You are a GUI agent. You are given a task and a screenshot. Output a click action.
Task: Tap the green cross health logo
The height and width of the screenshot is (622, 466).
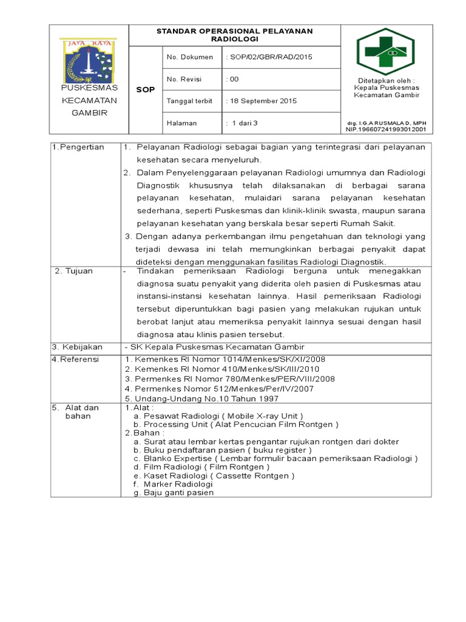click(385, 52)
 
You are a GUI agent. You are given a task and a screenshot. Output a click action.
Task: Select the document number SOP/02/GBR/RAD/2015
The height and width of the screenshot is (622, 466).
click(269, 57)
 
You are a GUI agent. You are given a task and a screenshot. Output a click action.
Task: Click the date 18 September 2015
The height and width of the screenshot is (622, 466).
click(261, 101)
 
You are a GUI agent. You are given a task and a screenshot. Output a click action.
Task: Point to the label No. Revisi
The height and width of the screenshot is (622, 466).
click(184, 79)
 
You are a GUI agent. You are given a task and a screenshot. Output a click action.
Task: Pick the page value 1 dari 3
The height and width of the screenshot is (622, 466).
click(242, 123)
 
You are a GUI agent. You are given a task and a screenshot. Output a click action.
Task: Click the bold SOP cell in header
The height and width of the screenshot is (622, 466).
click(145, 90)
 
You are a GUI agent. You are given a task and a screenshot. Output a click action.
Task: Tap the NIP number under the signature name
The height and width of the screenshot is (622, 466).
click(385, 129)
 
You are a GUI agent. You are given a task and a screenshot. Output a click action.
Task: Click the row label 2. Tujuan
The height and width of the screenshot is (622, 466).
click(74, 271)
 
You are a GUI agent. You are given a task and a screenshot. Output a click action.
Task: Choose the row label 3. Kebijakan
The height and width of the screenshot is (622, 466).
click(77, 347)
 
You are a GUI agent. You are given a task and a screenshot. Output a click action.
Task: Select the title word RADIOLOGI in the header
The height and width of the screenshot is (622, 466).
click(235, 38)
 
